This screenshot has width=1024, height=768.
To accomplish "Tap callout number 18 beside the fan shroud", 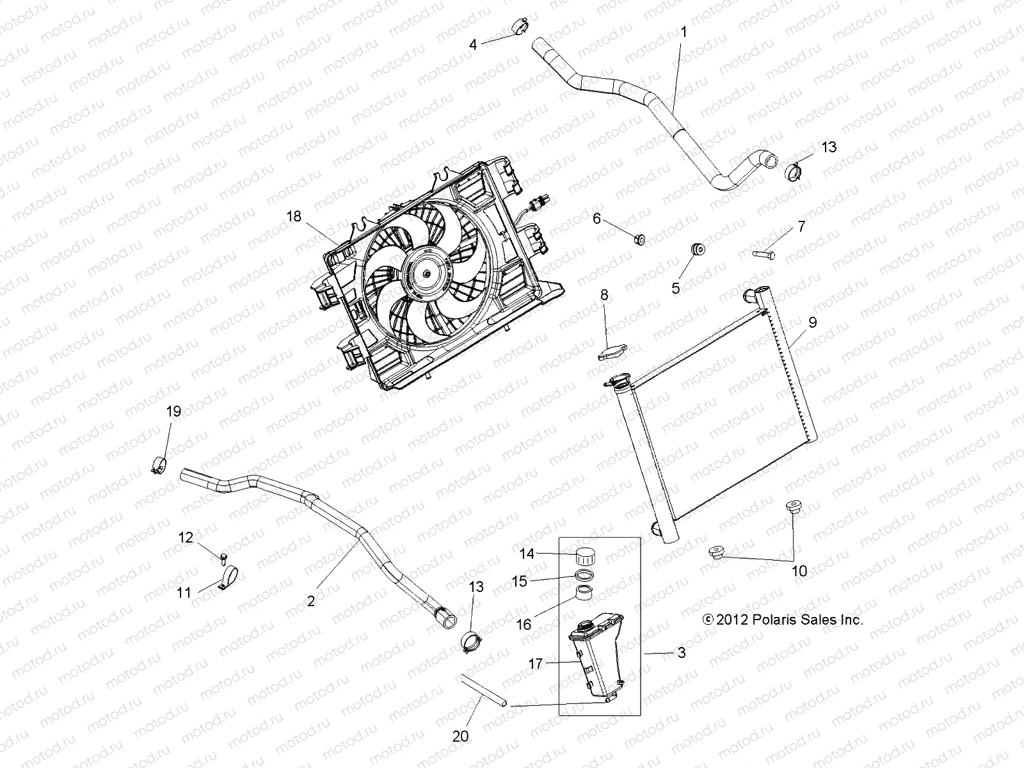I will point(294,216).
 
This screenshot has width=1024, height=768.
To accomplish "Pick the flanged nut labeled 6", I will point(638,239).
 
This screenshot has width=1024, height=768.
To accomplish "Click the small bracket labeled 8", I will point(612,352).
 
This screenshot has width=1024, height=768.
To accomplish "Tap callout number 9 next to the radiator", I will point(812,322).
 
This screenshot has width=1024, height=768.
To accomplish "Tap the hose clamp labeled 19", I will point(159,464).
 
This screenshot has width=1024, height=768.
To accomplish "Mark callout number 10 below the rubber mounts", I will point(799,571).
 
